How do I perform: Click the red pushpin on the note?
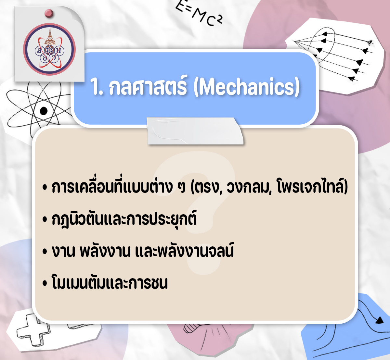[49, 13]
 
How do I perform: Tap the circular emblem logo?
[49, 49]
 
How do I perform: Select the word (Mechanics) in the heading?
[247, 87]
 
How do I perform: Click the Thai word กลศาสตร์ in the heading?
[148, 86]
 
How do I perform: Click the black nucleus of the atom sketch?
[44, 111]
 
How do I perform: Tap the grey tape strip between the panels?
[195, 131]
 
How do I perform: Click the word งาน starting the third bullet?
[63, 251]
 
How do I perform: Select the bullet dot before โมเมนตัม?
[45, 283]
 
